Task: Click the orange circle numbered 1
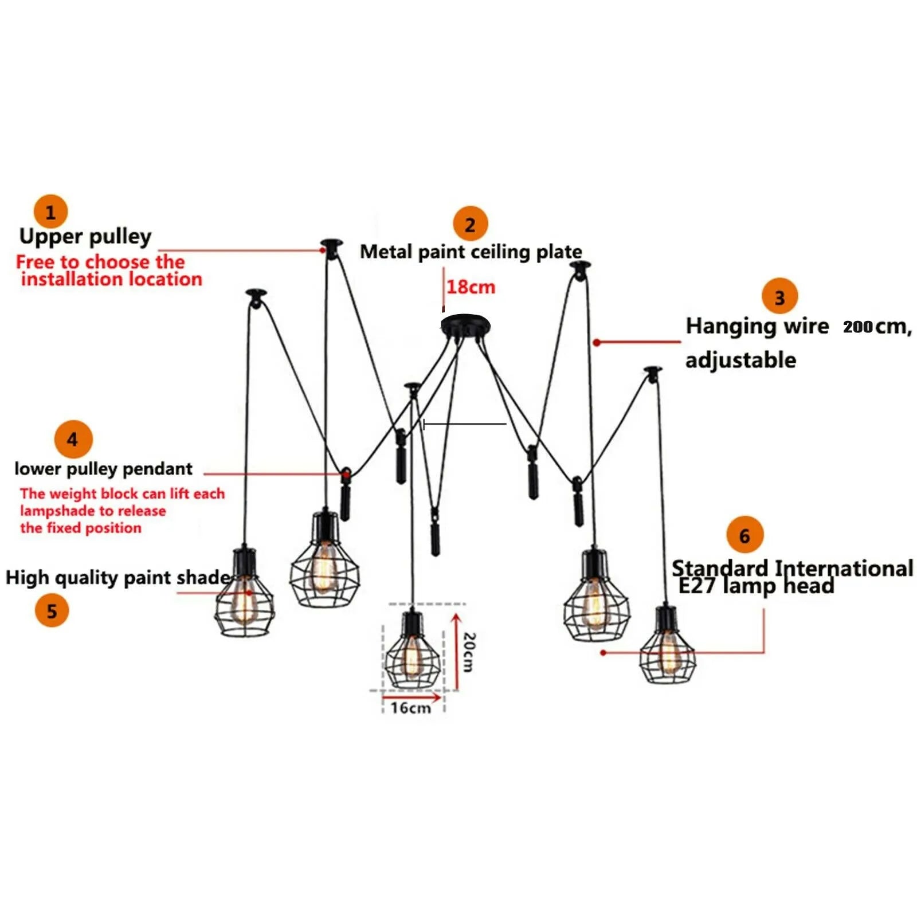pyautogui.click(x=50, y=212)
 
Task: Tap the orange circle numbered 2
pyautogui.click(x=470, y=224)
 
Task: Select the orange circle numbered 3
pyautogui.click(x=779, y=297)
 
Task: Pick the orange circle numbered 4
pyautogui.click(x=73, y=440)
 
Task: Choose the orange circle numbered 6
pyautogui.click(x=744, y=535)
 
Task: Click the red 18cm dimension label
pyautogui.click(x=471, y=287)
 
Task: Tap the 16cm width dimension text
pyautogui.click(x=410, y=708)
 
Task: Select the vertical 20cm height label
pyautogui.click(x=469, y=652)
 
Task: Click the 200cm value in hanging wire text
pyautogui.click(x=858, y=327)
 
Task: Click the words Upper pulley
pyautogui.click(x=85, y=236)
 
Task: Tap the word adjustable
pyautogui.click(x=740, y=360)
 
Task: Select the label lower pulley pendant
pyautogui.click(x=104, y=469)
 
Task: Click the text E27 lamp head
pyautogui.click(x=756, y=586)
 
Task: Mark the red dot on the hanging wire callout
pyautogui.click(x=597, y=342)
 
